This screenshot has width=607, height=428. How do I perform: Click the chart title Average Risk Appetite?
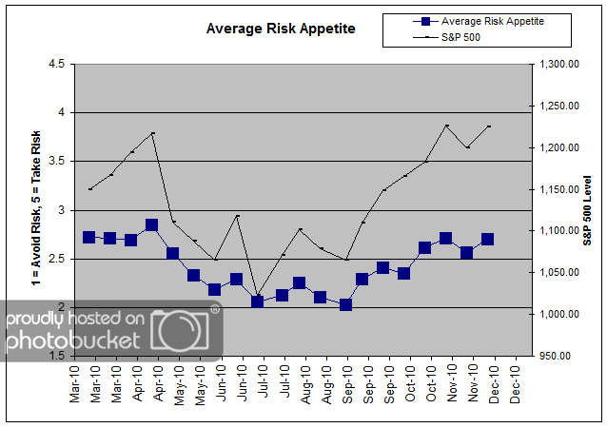point(281,29)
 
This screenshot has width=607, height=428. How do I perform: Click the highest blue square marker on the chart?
point(151,225)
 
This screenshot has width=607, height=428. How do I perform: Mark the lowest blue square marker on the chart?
point(345,304)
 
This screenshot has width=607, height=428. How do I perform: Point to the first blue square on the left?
point(89,237)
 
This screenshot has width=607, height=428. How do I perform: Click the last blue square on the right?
point(488,240)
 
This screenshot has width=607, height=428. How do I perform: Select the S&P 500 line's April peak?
point(152,132)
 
